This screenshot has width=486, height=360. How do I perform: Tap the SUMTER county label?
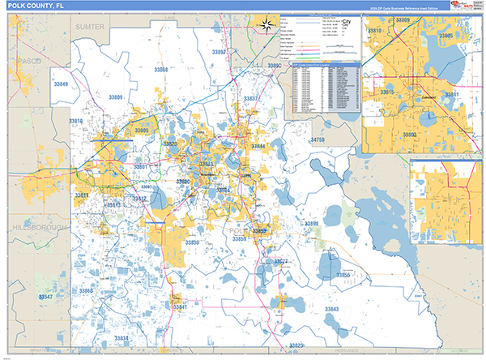click(x=90, y=27)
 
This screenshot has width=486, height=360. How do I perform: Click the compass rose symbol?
click(x=265, y=25)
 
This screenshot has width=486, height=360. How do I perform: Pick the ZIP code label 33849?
click(x=62, y=84)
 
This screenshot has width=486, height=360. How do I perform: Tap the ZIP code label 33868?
click(x=161, y=71)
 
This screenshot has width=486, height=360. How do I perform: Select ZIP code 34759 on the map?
click(x=317, y=140)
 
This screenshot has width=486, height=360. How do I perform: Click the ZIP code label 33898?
click(x=311, y=223)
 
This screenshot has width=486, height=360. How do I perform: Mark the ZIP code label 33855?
click(x=343, y=276)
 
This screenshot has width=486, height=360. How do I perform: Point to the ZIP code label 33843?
click(x=332, y=310)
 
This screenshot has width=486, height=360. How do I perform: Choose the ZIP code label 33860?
click(x=85, y=289)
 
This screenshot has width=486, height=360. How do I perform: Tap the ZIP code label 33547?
click(x=47, y=297)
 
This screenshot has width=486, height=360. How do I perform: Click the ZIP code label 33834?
click(x=122, y=337)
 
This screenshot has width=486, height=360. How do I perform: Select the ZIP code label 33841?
click(x=179, y=306)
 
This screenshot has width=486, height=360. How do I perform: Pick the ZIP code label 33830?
click(x=193, y=242)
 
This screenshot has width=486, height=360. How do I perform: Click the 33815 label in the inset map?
click(x=387, y=92)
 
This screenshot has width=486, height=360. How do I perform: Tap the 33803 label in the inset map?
click(x=409, y=135)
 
